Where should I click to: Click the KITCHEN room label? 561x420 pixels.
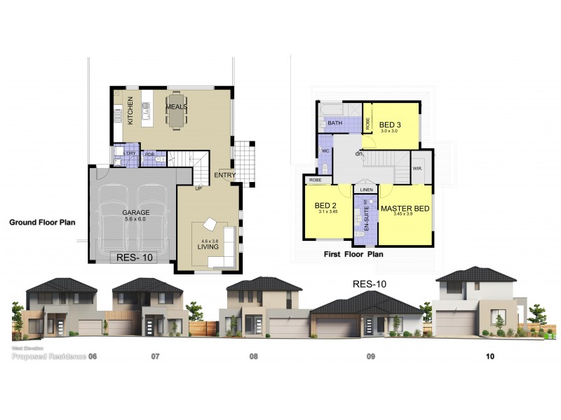(x=130, y=111)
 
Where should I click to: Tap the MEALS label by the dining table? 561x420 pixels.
(x=175, y=106)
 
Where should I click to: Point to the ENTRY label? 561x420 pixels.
(x=225, y=175)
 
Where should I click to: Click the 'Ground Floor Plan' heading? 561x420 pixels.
(x=42, y=223)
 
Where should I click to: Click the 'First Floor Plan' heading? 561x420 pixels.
(x=353, y=255)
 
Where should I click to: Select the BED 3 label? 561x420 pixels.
(x=389, y=125)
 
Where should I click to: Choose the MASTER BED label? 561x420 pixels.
(x=405, y=208)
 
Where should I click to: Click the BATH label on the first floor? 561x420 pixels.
(x=335, y=123)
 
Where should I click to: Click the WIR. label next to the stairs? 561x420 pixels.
(x=417, y=169)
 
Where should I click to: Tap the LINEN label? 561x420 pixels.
(x=366, y=190)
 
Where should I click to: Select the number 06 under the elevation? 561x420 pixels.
(x=92, y=356)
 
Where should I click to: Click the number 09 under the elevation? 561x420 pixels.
(x=370, y=356)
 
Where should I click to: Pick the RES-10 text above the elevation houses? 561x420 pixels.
(x=370, y=285)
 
